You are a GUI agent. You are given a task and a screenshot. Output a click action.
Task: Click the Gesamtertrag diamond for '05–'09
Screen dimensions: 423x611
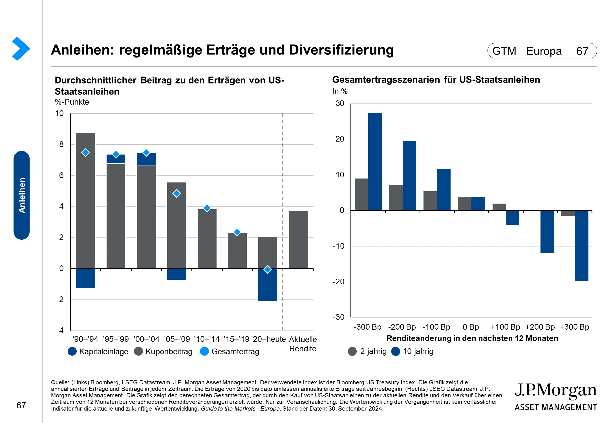[177, 193]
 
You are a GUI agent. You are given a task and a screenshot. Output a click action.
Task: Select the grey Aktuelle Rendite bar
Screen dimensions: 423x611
[298, 239]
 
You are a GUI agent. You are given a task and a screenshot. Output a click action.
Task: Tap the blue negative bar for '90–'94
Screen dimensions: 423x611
[85, 278]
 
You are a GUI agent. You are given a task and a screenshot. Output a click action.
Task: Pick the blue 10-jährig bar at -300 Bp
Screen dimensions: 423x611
[375, 162]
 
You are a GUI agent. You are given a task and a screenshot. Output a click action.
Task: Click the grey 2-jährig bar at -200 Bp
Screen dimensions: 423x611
[396, 197]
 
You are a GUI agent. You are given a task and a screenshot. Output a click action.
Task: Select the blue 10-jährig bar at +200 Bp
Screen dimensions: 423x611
[547, 232]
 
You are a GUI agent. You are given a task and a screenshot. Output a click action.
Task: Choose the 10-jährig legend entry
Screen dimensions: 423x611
[413, 351]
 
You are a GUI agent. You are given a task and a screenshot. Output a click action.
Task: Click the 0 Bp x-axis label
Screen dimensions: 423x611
[471, 327]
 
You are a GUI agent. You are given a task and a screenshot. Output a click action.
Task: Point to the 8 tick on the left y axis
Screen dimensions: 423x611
[61, 144]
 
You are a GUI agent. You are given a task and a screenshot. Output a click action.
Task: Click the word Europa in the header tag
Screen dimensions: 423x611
[544, 51]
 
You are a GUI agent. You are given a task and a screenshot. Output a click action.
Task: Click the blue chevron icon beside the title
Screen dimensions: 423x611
[21, 49]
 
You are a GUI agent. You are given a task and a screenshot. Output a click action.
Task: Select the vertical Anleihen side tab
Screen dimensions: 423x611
[22, 195]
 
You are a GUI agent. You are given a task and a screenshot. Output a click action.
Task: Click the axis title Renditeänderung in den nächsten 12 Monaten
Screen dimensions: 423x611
[472, 338]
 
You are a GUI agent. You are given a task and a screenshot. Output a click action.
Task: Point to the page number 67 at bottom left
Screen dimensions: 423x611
[21, 406]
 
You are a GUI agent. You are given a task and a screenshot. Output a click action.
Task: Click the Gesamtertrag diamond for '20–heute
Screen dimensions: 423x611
[268, 270]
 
